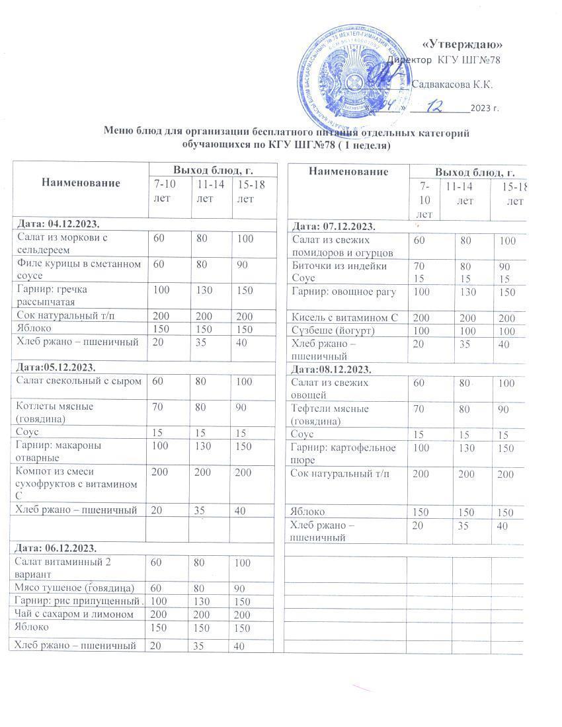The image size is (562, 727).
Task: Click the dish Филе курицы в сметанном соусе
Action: pos(78,270)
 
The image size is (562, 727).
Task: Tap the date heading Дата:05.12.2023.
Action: pos(52,367)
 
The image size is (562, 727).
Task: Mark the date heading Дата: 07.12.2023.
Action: pos(332,227)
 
